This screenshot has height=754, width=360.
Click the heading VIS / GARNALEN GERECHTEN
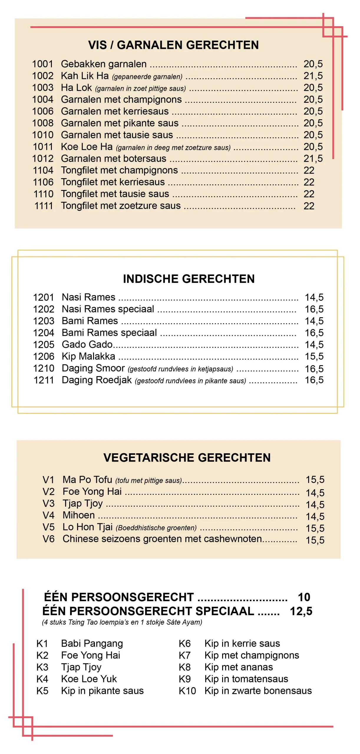(x=173, y=45)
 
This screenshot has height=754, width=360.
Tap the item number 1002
(x=43, y=76)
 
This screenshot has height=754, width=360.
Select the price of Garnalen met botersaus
(x=313, y=159)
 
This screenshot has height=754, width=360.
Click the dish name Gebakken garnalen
(x=104, y=64)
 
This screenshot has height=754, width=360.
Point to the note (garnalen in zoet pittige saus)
(x=140, y=89)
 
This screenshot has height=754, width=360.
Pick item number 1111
(x=44, y=206)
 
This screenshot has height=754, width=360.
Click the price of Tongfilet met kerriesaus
(x=309, y=182)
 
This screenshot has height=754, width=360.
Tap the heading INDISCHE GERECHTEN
(x=189, y=279)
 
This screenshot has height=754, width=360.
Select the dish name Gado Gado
(x=87, y=345)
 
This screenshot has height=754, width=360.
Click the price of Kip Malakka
(x=314, y=356)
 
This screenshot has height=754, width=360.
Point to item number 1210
(x=44, y=368)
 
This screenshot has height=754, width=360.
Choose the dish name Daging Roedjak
(x=97, y=380)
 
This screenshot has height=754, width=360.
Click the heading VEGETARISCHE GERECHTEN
(x=187, y=458)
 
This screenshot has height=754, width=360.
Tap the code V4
(x=48, y=515)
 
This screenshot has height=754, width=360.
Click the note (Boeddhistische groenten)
(x=156, y=528)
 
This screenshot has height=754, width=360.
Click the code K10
(x=187, y=691)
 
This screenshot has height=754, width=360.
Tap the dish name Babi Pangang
(x=92, y=644)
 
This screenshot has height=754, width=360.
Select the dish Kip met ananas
(x=239, y=667)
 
